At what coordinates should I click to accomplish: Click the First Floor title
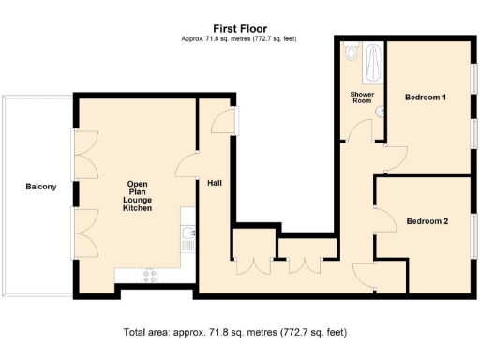click(x=239, y=28)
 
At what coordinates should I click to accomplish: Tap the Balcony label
click(x=40, y=187)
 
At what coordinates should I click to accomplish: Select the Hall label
click(x=214, y=183)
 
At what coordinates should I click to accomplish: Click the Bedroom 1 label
click(x=425, y=97)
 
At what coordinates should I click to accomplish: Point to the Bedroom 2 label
click(x=427, y=221)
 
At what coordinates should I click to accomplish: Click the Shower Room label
click(x=361, y=97)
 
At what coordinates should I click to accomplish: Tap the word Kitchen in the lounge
click(x=137, y=207)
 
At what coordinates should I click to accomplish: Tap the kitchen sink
click(x=187, y=237)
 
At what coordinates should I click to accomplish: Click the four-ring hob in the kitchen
click(x=147, y=275)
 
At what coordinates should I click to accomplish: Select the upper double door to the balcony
click(x=82, y=154)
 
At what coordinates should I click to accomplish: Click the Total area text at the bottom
click(x=239, y=332)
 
